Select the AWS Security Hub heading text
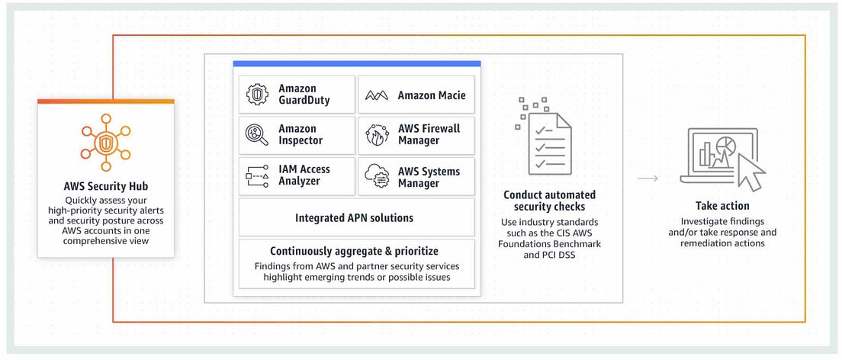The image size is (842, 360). click(x=106, y=186)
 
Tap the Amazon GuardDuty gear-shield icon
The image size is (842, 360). click(x=257, y=95)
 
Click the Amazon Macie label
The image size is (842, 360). click(x=431, y=95)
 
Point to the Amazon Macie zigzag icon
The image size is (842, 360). click(x=377, y=95)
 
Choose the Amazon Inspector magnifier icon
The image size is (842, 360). click(x=257, y=135)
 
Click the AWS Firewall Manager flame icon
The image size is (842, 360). click(x=377, y=135)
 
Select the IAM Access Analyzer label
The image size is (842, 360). click(x=304, y=175)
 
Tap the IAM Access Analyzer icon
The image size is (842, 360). click(x=257, y=176)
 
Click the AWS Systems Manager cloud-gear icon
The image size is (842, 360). click(x=377, y=176)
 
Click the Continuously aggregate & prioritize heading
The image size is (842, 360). click(x=354, y=251)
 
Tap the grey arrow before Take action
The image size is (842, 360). click(x=648, y=178)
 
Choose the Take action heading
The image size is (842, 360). click(x=722, y=206)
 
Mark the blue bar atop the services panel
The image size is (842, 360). click(x=356, y=64)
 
